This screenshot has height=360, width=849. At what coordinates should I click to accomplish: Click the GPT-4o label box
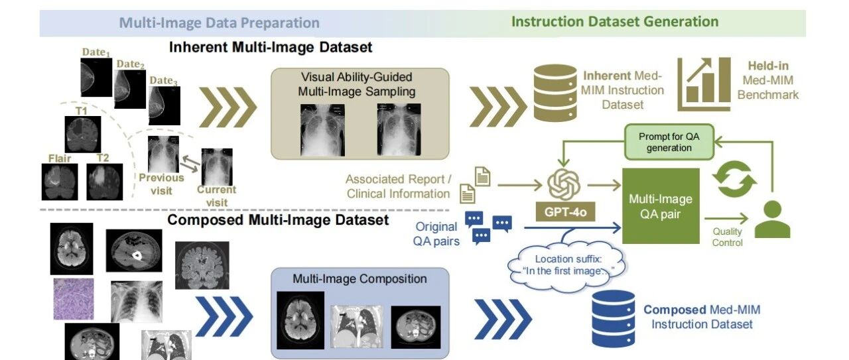point(565,211)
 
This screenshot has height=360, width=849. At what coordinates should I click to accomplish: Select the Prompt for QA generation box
point(669,142)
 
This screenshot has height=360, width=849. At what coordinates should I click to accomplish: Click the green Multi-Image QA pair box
point(661,206)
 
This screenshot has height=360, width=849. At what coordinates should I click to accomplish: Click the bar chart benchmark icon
point(704,84)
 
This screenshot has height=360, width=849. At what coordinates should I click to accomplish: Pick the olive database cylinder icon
point(555,93)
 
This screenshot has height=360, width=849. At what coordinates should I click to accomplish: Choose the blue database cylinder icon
point(614,319)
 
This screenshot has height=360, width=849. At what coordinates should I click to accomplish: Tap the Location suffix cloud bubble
point(567,266)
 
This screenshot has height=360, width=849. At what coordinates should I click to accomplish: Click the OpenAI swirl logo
point(564,184)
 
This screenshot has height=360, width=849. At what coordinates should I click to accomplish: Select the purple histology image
point(74,299)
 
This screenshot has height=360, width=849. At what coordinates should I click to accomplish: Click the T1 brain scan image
point(83,134)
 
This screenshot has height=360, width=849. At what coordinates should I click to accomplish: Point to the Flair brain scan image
point(60,182)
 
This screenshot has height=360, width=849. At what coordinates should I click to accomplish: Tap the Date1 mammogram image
point(96,78)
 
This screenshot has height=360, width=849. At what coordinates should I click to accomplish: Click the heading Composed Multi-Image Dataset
point(278,220)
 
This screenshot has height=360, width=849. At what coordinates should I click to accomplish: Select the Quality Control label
point(727,237)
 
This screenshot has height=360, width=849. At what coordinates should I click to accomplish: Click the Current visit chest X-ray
point(217,166)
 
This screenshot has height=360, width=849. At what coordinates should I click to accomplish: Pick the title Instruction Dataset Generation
point(615,22)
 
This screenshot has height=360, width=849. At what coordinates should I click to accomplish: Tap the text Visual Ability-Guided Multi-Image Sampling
point(356,84)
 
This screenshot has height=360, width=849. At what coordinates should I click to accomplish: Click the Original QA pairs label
point(436,234)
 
